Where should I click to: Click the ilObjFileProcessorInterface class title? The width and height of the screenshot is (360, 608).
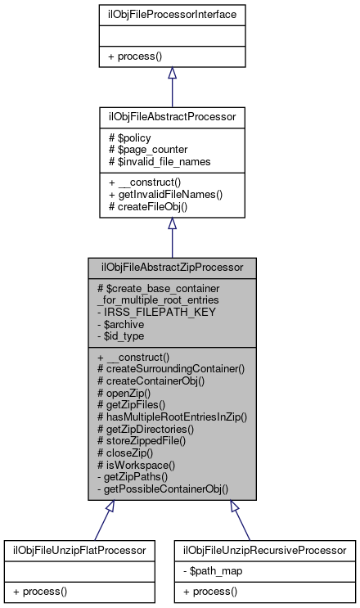click(172, 16)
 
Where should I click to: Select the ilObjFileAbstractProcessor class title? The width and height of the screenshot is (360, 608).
click(172, 117)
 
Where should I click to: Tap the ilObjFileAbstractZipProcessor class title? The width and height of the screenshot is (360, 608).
click(172, 268)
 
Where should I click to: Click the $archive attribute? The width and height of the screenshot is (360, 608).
click(124, 324)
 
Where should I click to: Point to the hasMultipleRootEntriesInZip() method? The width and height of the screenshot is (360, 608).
click(172, 417)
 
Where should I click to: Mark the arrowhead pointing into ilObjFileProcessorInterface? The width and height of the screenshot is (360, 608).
click(172, 74)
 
